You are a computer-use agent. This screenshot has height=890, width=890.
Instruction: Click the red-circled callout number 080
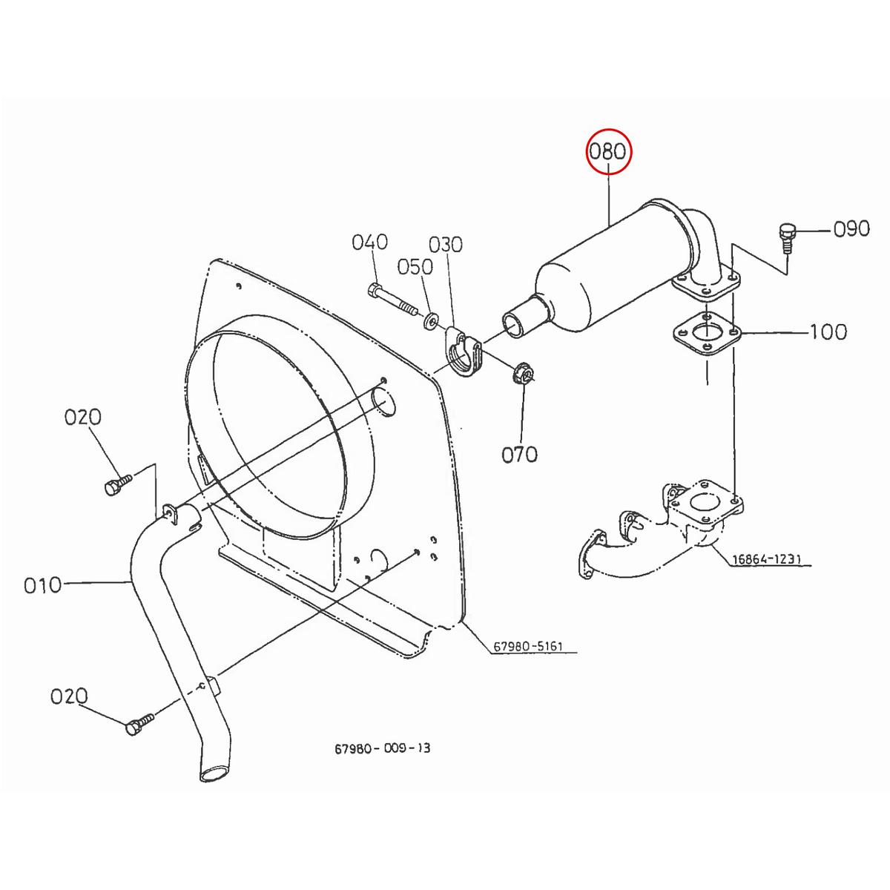click(607, 152)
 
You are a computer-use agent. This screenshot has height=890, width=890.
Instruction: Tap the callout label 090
click(851, 229)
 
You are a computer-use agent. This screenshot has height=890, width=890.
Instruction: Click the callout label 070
click(519, 454)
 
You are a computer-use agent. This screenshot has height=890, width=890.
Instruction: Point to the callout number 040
click(369, 242)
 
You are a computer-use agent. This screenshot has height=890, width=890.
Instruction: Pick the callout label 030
click(445, 244)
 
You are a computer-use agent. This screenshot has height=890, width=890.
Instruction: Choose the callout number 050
click(415, 266)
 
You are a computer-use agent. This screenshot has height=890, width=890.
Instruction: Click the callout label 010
click(42, 586)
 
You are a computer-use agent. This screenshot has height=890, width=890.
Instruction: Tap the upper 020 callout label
click(82, 418)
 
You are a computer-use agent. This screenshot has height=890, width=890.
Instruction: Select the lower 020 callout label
click(69, 696)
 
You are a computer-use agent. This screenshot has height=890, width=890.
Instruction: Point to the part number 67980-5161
click(527, 647)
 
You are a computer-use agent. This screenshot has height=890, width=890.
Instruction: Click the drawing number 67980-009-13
click(382, 748)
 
